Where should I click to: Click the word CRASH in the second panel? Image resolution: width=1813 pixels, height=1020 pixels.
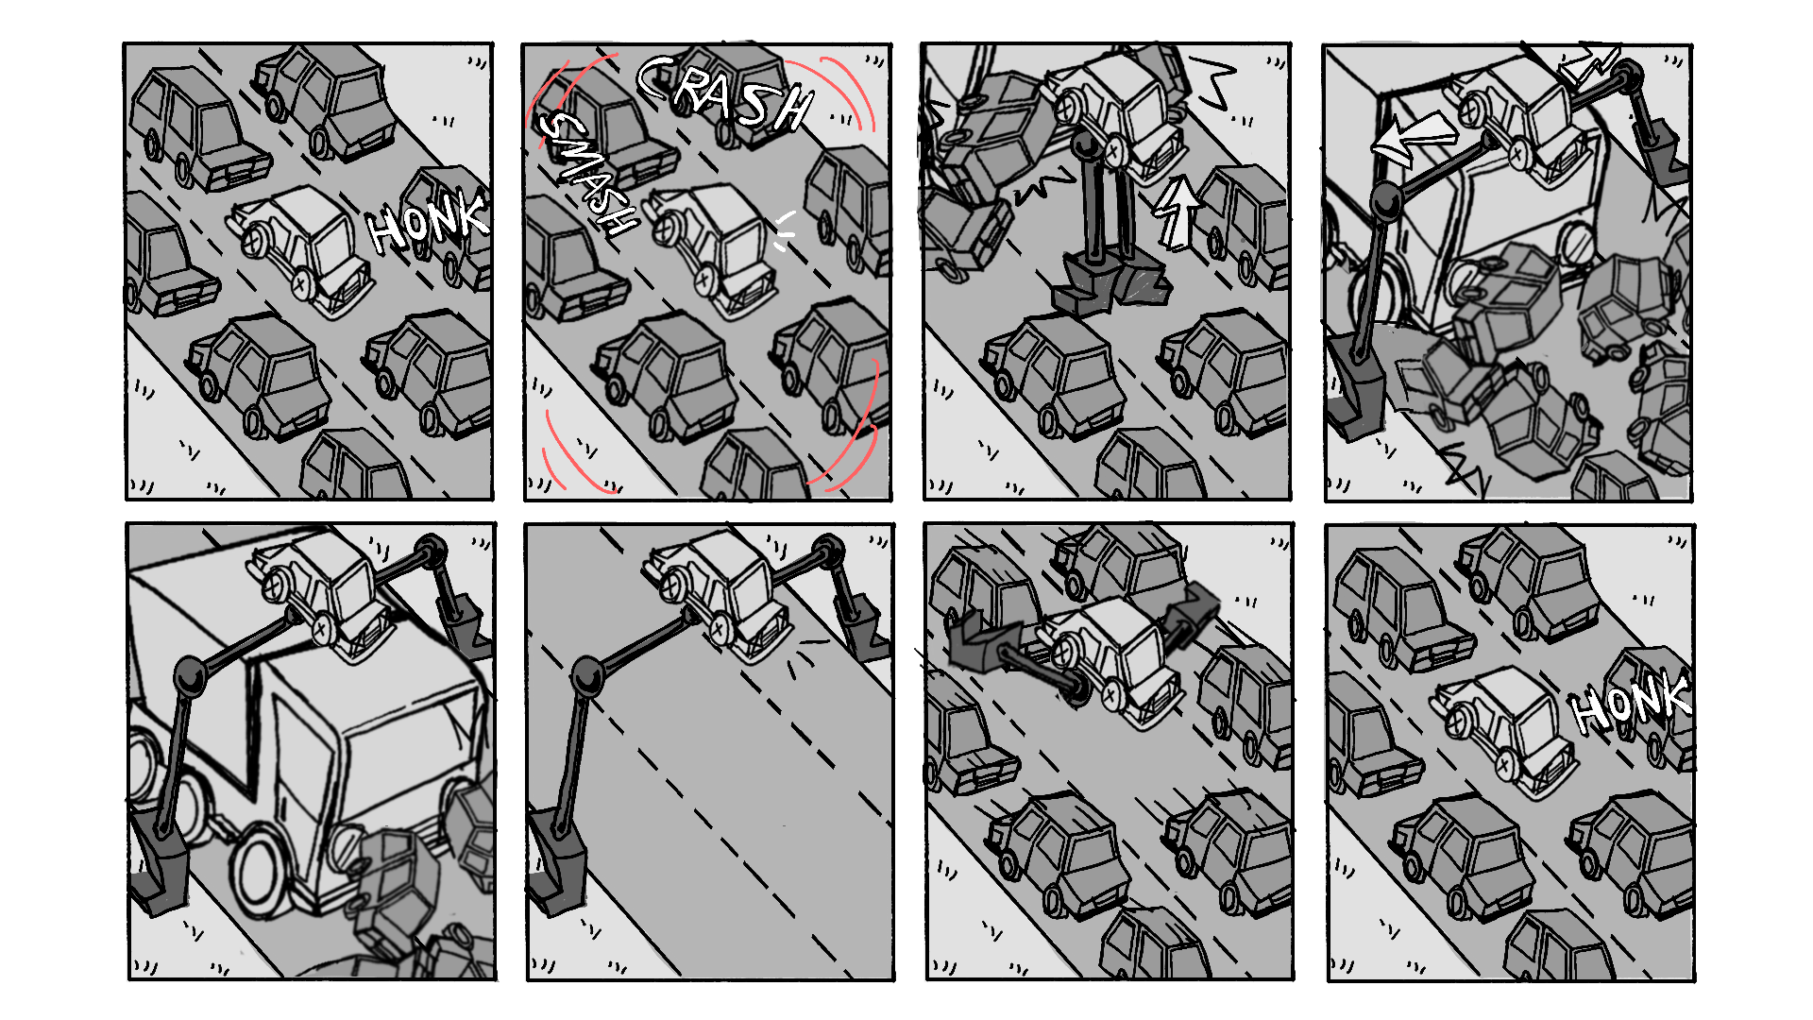725,93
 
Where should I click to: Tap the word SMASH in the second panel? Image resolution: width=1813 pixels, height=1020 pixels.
585,174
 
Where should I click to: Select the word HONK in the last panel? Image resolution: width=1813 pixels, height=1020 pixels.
1631,705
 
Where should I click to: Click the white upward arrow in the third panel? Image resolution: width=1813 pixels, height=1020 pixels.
1177,212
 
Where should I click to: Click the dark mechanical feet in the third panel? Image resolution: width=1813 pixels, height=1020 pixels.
1110,283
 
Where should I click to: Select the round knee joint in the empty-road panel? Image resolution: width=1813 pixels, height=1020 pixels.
588,676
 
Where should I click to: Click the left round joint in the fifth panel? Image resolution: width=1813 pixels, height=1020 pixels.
191,676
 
